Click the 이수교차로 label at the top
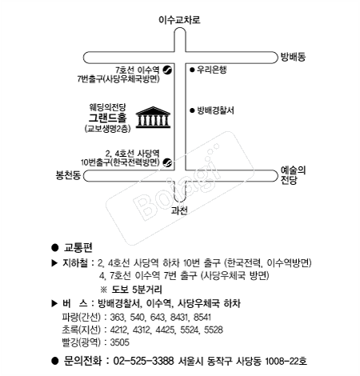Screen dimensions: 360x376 click(x=179, y=20)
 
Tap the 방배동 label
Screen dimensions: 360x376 click(x=293, y=57)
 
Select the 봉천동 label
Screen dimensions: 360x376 click(x=68, y=175)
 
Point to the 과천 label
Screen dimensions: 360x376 click(x=179, y=210)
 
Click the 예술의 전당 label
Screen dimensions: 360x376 click(x=293, y=175)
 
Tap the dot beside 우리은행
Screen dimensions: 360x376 click(x=192, y=70)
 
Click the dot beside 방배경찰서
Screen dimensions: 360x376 click(x=192, y=110)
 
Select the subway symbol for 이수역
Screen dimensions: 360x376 click(x=167, y=70)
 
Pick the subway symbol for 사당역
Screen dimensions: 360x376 click(x=167, y=162)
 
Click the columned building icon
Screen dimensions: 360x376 click(x=153, y=118)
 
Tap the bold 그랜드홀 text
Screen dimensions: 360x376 click(x=108, y=118)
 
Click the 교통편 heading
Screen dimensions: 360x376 click(x=78, y=248)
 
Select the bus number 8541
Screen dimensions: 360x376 click(x=202, y=318)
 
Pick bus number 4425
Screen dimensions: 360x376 click(x=166, y=330)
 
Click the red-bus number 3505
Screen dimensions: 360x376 click(x=120, y=342)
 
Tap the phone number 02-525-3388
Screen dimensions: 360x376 click(x=143, y=361)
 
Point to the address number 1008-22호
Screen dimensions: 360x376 click(x=286, y=361)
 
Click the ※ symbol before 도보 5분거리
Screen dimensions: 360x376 click(x=103, y=290)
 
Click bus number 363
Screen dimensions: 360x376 click(x=117, y=318)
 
